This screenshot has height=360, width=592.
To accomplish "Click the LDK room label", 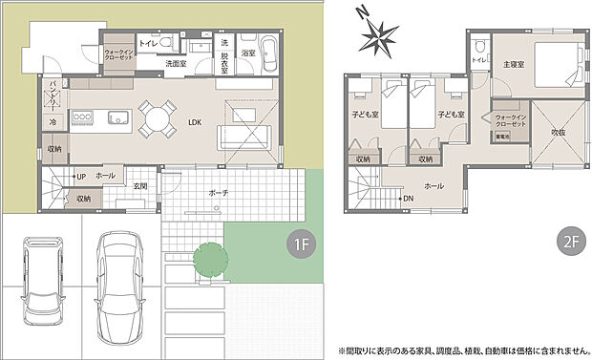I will click(195, 122).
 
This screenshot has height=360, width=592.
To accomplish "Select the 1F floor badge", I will click(301, 245).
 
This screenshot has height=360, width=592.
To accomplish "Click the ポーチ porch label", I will click(218, 193).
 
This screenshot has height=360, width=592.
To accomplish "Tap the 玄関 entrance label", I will click(139, 185).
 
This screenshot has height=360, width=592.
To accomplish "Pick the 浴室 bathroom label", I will click(246, 53).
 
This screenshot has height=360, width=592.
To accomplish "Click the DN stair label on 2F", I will click(408, 199).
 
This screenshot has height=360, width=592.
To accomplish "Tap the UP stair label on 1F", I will click(80, 177).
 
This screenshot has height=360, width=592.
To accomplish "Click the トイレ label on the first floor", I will click(148, 44).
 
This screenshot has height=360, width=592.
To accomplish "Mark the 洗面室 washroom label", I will click(175, 64).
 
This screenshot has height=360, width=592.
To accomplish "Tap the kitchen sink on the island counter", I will click(117, 117).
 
